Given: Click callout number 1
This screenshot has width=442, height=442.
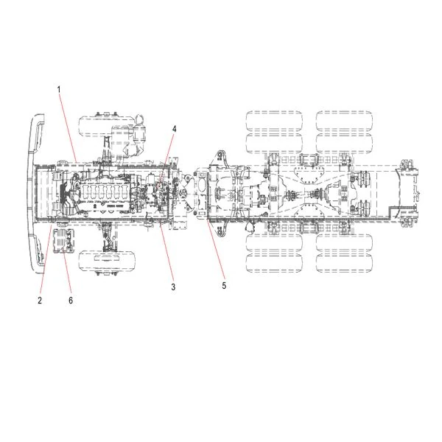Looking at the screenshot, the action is pos(59,90).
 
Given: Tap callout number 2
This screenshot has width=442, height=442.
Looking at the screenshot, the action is pos(40,301).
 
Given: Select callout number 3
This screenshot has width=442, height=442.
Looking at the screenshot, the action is pos(173,287).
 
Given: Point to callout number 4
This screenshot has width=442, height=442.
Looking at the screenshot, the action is pos(174,129).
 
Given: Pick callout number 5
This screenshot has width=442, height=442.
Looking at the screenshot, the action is pos(224,286).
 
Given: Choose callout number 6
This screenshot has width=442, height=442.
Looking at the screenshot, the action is pos(71,301).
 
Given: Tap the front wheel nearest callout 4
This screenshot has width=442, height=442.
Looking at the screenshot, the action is pos(107,126).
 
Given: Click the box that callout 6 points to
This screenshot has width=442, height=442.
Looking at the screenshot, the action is pos(63,240).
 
